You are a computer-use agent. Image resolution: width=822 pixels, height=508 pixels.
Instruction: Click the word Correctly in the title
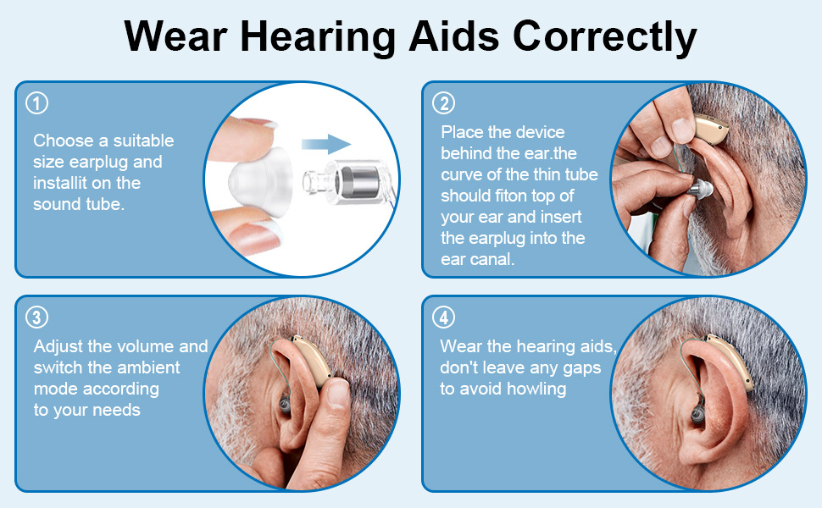tap(604, 38)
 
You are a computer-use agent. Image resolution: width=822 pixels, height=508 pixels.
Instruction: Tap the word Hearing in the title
tap(318, 38)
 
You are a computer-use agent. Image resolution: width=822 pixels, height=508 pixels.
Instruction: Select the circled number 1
tap(36, 103)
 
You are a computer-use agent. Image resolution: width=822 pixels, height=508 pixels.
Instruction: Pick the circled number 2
tap(443, 103)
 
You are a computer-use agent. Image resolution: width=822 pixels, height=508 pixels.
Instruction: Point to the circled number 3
tap(36, 317)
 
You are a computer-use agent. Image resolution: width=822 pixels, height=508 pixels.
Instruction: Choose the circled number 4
tap(443, 317)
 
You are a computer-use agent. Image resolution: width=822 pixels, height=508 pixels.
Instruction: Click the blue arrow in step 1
tap(326, 143)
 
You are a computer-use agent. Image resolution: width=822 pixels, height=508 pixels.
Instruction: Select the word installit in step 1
tap(60, 183)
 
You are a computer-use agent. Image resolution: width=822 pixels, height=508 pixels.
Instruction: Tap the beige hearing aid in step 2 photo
tap(710, 130)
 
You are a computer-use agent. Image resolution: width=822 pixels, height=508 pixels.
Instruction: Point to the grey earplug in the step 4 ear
tap(697, 414)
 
